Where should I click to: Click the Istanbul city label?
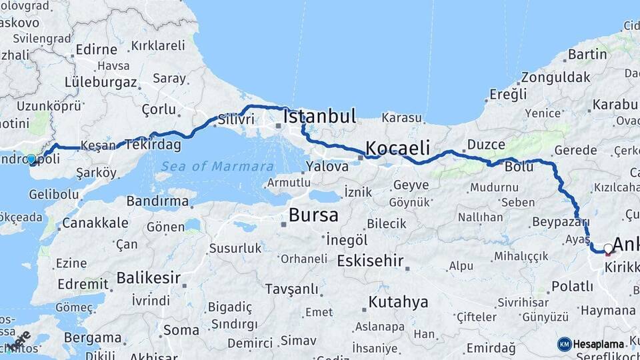(x=319, y=116)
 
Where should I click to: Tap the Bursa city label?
(x=313, y=215)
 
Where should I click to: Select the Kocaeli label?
(x=397, y=147)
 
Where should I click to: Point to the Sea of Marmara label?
(x=217, y=166)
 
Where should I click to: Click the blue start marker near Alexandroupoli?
(x=31, y=159)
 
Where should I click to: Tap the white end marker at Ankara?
(x=607, y=249)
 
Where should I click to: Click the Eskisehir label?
(x=370, y=261)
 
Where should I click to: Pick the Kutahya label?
(x=398, y=302)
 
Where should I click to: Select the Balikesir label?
(x=149, y=277)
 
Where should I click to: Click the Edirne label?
(x=92, y=49)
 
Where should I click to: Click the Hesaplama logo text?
(x=599, y=344)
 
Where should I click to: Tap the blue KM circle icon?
(x=564, y=344)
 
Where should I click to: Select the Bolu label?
(x=519, y=167)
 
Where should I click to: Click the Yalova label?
(x=327, y=167)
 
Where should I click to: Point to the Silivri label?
(x=236, y=119)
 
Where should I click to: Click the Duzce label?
(x=485, y=144)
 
